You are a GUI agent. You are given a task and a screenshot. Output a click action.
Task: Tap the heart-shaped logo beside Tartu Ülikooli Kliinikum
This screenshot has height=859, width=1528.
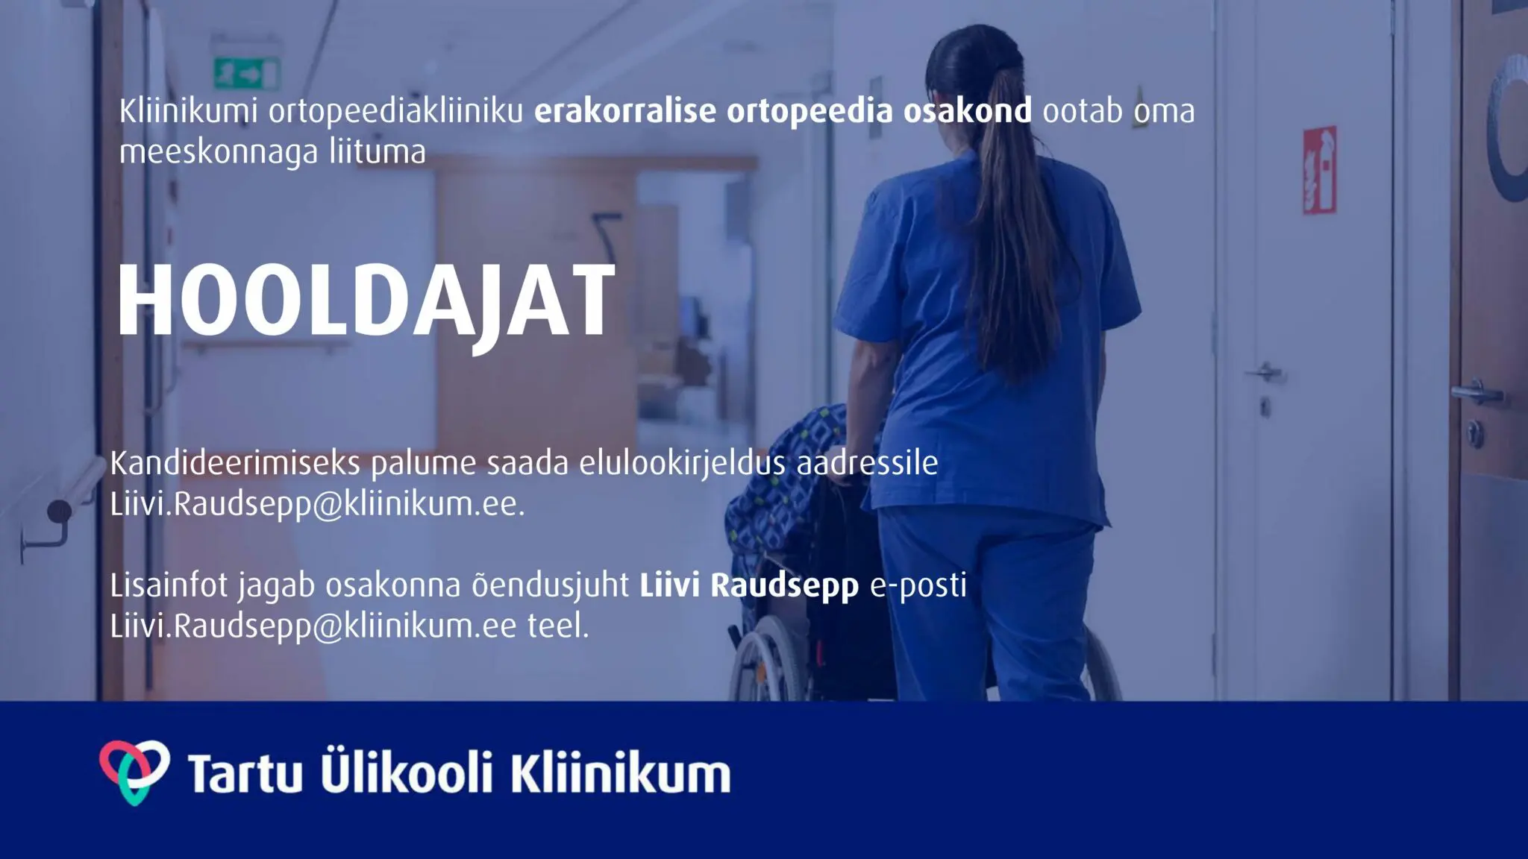coord(134,772)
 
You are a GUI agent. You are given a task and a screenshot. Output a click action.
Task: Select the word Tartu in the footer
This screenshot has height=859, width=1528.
coord(245,773)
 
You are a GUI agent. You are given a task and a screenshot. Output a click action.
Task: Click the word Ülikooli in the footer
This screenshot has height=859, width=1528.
coord(407,770)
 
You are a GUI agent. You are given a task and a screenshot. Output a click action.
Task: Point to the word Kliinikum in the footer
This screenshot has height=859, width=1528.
coord(621,772)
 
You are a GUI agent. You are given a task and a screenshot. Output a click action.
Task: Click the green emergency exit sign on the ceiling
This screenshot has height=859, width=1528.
coord(247,73)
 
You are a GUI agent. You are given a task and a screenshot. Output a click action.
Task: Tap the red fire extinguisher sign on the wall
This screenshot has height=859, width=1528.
coord(1319,171)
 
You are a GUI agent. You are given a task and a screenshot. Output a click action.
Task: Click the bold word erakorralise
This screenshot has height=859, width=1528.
coord(625,110)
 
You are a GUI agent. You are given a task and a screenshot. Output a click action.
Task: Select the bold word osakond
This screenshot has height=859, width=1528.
coord(968,110)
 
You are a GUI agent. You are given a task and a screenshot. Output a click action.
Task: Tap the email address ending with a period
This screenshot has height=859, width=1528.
coord(318,505)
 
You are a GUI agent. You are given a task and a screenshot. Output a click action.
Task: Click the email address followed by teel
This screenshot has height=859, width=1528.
coord(313,626)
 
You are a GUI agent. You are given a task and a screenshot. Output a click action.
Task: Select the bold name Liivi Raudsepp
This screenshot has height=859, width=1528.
coord(749,586)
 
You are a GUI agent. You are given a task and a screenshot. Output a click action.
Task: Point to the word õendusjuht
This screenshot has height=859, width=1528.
coord(550,586)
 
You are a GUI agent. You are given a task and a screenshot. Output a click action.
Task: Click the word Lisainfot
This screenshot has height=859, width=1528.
coord(169,586)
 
